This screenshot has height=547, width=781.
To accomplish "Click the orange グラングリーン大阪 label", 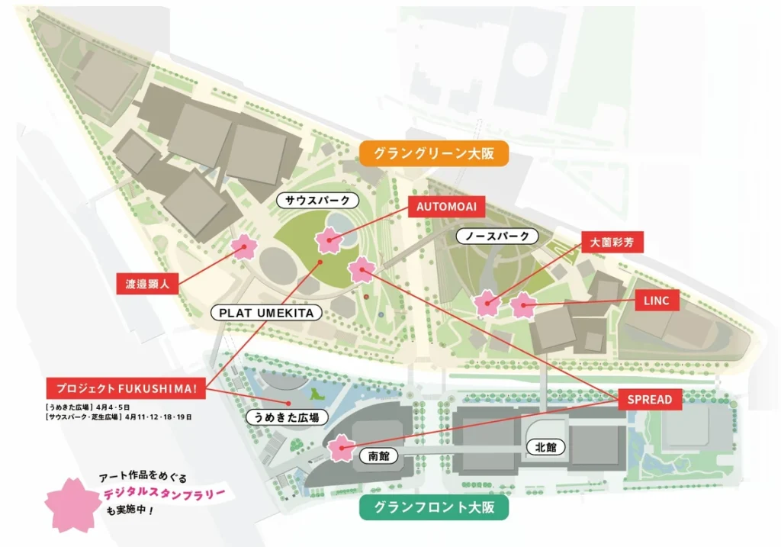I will (434, 153).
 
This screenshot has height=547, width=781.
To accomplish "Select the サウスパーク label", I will (317, 201).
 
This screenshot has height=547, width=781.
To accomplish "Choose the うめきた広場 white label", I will (287, 417).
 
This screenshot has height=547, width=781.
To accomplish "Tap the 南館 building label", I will (374, 455).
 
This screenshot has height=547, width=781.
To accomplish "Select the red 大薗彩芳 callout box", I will (612, 243).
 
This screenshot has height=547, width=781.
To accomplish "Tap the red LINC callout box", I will (656, 301).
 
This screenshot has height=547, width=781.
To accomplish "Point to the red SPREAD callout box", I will (650, 399).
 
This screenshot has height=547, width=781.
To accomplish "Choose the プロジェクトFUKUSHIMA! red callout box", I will (126, 388).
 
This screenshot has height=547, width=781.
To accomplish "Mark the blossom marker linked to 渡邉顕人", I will (245, 246).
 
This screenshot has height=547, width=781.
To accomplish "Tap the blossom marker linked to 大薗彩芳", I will (487, 304).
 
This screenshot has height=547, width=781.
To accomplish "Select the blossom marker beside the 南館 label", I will (341, 448).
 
